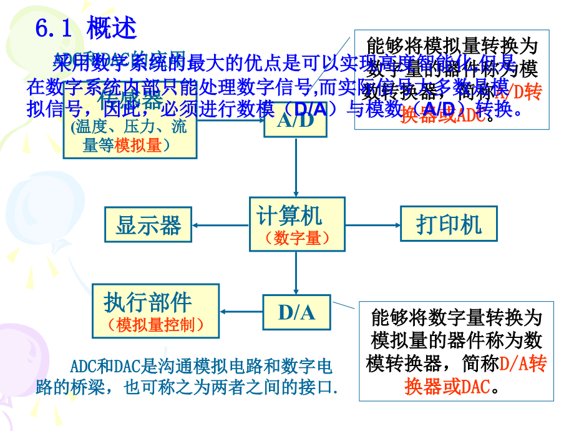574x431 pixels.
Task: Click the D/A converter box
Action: pos(296,311)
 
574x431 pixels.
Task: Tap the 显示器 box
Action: pos(148,224)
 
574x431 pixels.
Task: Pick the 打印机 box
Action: pos(448,224)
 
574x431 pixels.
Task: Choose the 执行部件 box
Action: pos(155,311)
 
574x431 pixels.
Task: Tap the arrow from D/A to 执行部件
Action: pos(241,311)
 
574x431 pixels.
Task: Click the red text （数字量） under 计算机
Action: pos(296,238)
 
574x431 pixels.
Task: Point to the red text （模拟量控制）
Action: pos(155,325)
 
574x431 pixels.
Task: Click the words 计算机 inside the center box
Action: pos(289,215)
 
